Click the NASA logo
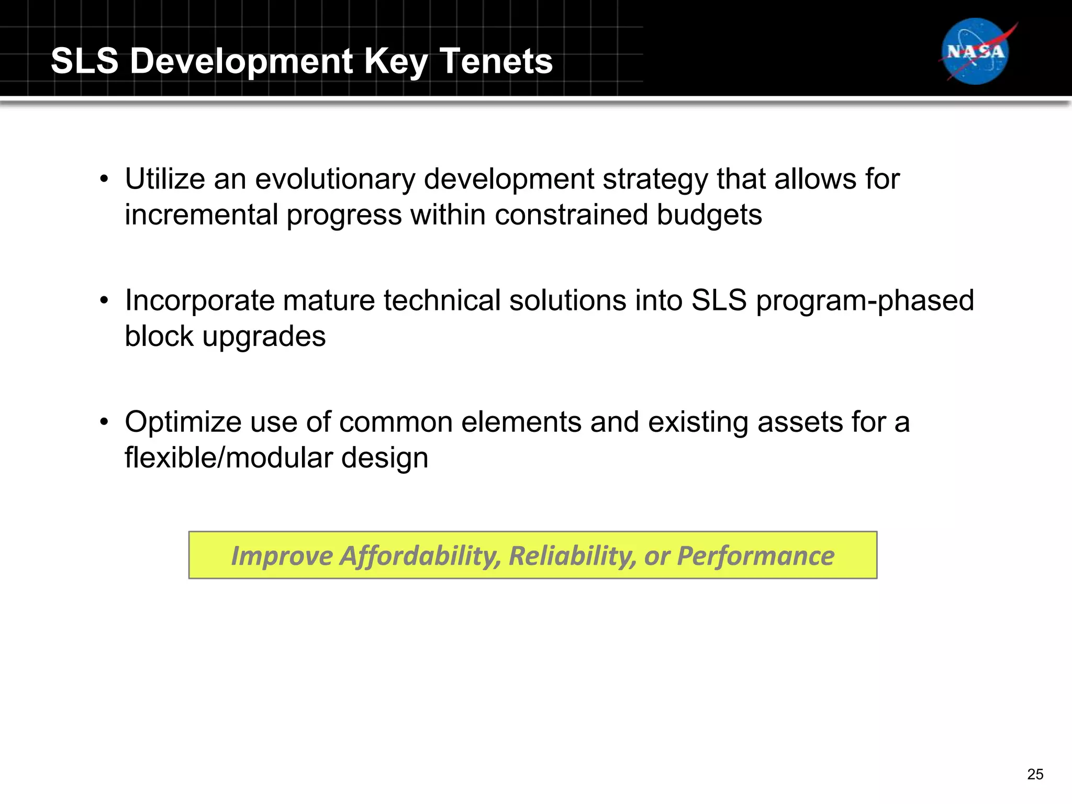tap(976, 51)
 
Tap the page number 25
tap(1035, 774)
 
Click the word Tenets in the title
tap(496, 61)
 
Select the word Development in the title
tap(242, 61)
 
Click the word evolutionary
tap(334, 179)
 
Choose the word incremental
tap(202, 215)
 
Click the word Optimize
tap(183, 423)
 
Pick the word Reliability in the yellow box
tap(572, 556)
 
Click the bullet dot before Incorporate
tap(105, 301)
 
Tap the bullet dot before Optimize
tap(105, 422)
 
